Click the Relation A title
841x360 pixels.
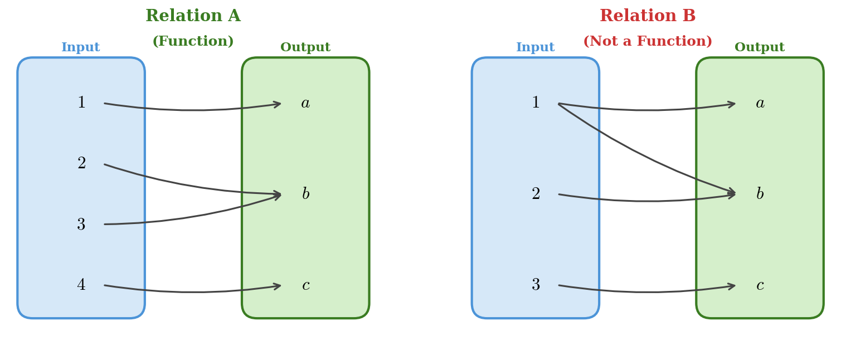click(193, 16)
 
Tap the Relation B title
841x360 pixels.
click(648, 16)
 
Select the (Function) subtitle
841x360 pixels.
click(193, 42)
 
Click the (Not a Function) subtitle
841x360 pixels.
click(648, 42)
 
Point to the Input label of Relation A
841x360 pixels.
click(81, 47)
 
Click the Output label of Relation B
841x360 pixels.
click(759, 47)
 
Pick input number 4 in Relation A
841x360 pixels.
click(81, 285)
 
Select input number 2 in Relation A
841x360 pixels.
click(81, 164)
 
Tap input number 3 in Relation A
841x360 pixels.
click(81, 225)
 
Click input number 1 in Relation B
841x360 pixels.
click(536, 103)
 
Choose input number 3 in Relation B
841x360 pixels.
click(536, 285)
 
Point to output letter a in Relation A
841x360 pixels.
click(305, 103)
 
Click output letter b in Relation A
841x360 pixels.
click(305, 194)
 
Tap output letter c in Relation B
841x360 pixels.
click(760, 285)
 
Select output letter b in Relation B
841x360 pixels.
click(760, 194)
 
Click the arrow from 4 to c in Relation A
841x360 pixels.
click(192, 292)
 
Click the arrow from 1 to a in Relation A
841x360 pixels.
click(192, 110)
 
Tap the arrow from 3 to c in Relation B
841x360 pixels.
click(646, 292)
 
